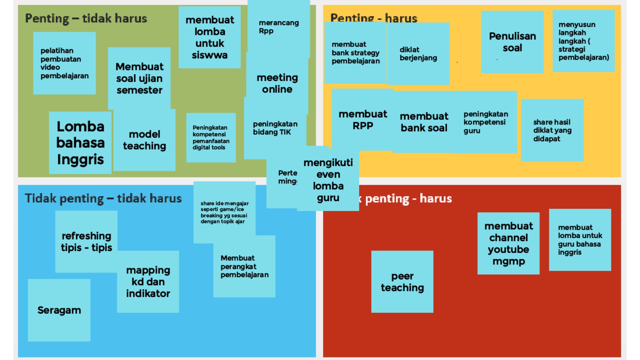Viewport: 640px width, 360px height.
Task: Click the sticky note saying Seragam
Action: [59, 310]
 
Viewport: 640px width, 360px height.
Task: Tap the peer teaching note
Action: [402, 282]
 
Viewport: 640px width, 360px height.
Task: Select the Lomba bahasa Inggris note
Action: [80, 143]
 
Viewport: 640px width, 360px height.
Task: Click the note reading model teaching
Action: [144, 140]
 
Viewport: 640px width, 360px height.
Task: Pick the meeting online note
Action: [277, 84]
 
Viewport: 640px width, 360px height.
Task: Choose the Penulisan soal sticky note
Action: [512, 42]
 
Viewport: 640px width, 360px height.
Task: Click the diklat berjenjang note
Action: [418, 54]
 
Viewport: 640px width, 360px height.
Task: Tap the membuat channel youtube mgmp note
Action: [508, 243]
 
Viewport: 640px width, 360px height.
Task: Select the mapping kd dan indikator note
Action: [148, 282]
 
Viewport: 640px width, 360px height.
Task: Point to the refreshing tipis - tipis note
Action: [86, 242]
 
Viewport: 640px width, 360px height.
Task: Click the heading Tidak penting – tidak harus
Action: [103, 198]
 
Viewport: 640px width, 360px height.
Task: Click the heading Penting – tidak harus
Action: [86, 18]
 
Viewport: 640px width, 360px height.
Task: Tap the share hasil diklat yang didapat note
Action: [552, 130]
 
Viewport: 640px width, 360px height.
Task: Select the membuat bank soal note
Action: [424, 122]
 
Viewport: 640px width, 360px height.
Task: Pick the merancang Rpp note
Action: [278, 27]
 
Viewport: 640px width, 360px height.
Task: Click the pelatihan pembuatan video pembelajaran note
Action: [64, 63]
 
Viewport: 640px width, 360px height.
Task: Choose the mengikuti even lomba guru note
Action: [328, 180]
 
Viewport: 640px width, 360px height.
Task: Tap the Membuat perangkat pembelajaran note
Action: [244, 267]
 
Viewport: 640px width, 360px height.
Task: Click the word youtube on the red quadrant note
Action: [508, 249]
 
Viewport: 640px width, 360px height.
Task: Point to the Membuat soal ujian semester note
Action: [139, 78]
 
